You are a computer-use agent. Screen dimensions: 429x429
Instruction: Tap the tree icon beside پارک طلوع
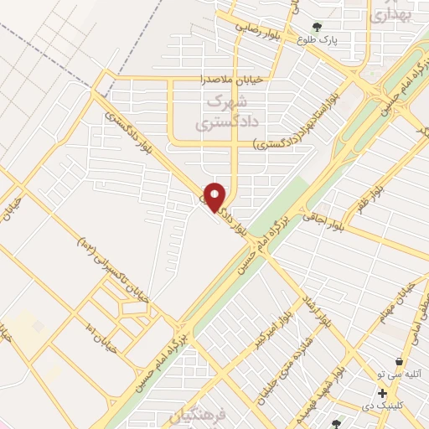(x=318, y=27)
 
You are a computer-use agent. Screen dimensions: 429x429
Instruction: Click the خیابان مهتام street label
(x=402, y=298)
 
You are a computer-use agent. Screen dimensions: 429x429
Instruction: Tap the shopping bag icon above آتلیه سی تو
(x=399, y=361)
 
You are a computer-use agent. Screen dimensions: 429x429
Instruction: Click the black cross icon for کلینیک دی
(x=382, y=393)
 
